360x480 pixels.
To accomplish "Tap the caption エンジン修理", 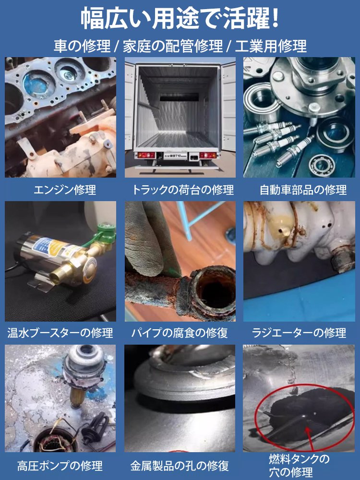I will (x=65, y=190).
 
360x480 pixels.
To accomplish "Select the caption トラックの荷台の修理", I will (x=183, y=190).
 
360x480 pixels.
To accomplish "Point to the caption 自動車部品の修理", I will (x=303, y=190).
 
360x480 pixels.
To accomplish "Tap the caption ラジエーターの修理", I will (x=299, y=332).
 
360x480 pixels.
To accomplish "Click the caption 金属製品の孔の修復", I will (x=180, y=465).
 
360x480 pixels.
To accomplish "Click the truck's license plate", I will (x=180, y=156).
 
